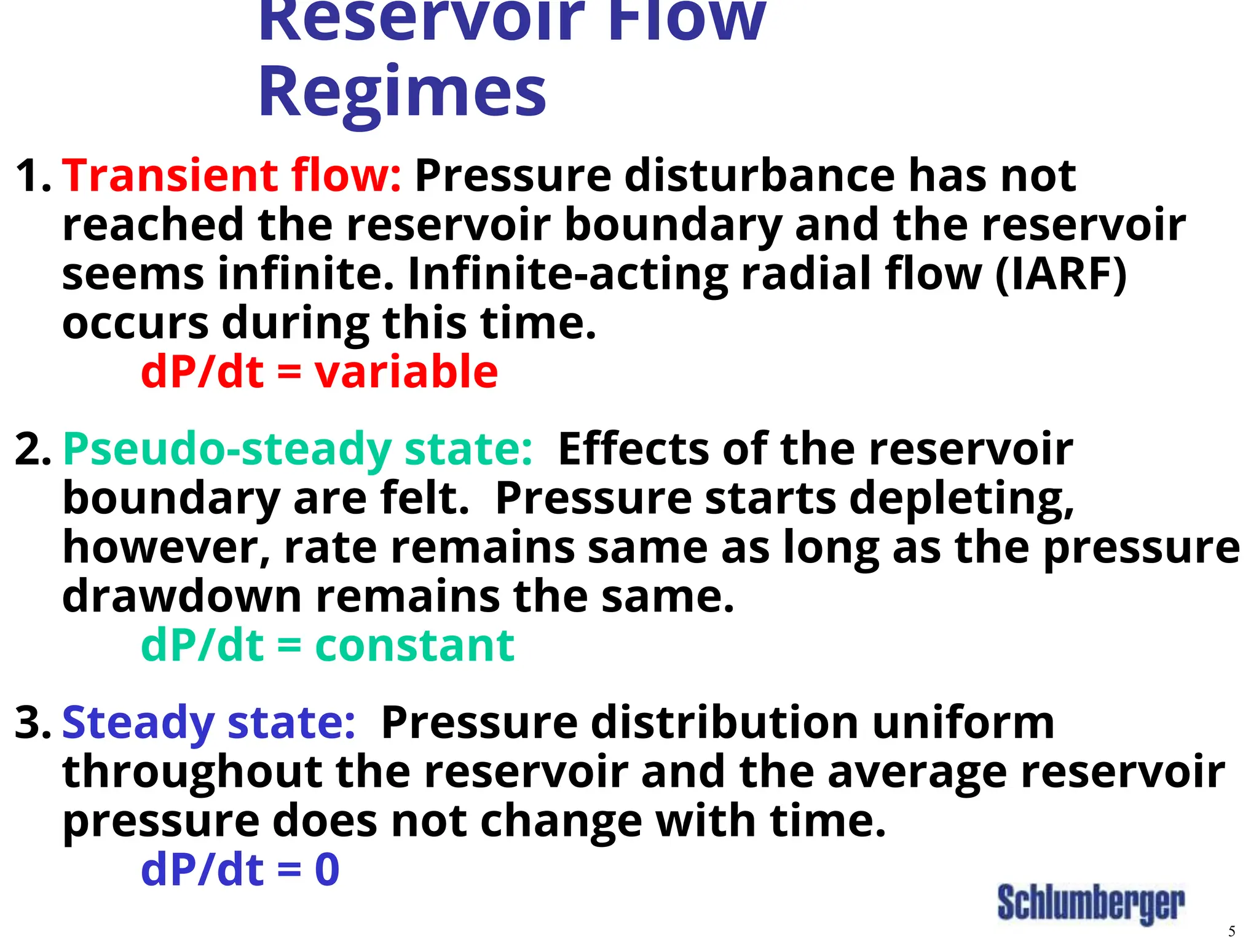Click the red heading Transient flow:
(232, 176)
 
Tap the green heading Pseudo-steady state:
(298, 449)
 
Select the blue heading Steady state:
(208, 723)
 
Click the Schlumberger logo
(1091, 903)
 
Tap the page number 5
(1231, 931)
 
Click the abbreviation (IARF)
(1061, 273)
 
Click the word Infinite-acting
(568, 273)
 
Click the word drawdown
(182, 596)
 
